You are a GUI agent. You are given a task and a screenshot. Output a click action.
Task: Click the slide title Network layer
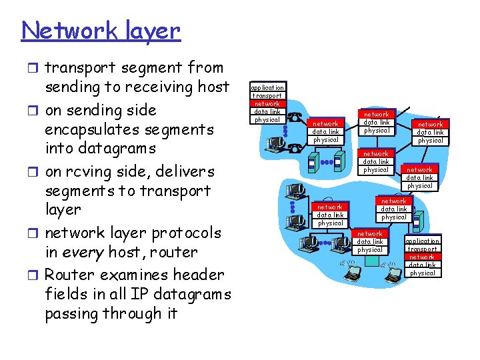click(x=101, y=31)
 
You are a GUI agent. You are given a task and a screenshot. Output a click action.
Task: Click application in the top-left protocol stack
click(x=267, y=87)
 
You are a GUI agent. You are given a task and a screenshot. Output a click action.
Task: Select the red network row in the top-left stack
click(x=267, y=103)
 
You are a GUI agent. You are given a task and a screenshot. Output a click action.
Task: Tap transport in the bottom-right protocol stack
click(x=423, y=249)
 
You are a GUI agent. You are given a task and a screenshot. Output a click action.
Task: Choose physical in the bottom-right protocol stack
click(x=423, y=273)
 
